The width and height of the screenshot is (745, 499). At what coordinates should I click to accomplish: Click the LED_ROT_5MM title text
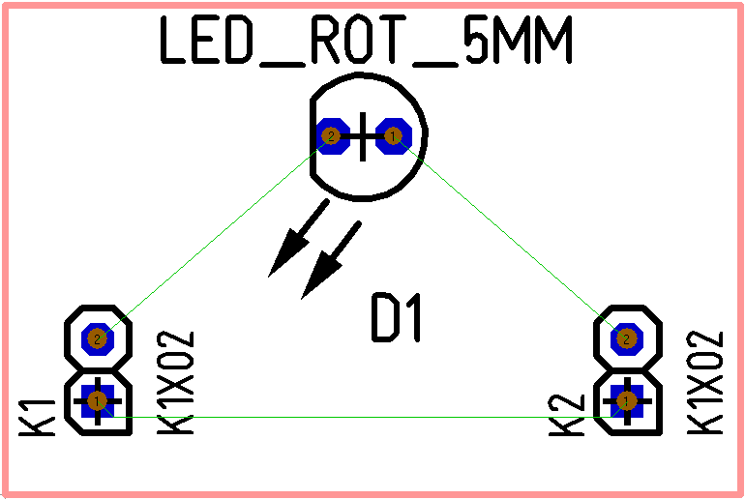(x=366, y=43)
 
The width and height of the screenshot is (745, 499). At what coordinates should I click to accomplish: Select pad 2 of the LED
(x=331, y=136)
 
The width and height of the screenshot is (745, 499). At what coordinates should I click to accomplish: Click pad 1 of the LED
(x=393, y=136)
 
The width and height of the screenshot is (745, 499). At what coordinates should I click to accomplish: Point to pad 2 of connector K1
(x=97, y=338)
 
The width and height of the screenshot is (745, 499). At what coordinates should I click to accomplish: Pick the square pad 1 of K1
(x=97, y=399)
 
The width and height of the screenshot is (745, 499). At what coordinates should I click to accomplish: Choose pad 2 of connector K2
(x=627, y=338)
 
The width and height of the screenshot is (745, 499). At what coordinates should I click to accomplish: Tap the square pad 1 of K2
(x=627, y=399)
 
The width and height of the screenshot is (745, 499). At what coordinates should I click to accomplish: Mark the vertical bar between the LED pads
(x=362, y=136)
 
